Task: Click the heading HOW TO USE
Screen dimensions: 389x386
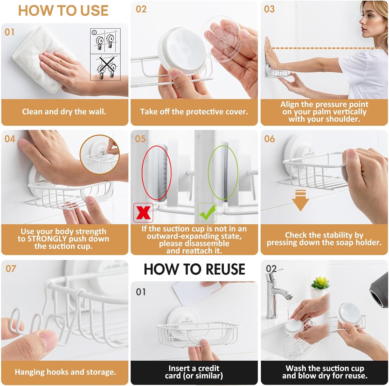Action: [x=63, y=11]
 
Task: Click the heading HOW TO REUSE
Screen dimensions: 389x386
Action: [x=194, y=269]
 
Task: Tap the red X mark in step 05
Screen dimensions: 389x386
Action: [x=143, y=213]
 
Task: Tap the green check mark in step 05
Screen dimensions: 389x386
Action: [x=207, y=212]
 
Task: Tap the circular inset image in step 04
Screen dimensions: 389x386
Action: [x=100, y=155]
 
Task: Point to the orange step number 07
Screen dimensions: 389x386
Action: [x=11, y=269]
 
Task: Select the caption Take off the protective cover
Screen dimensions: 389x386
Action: [x=194, y=112]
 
